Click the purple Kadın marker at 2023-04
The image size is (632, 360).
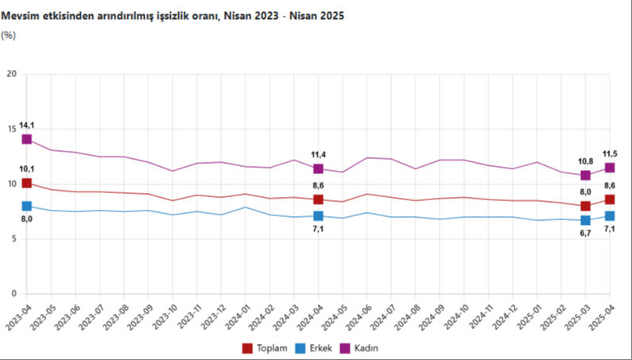26,139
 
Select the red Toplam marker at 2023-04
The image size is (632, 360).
26,184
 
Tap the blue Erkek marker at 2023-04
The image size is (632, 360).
26,207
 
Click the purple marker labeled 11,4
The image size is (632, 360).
318,168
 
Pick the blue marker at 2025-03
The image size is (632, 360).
585,220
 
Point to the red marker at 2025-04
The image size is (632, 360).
610,199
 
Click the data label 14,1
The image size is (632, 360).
26,125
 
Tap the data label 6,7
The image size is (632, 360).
585,234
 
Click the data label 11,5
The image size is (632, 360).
610,153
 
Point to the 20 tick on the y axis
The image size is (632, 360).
11,75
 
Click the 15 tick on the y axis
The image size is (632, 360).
11,130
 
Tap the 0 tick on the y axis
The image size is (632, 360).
14,294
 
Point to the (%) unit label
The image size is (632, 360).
9,35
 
